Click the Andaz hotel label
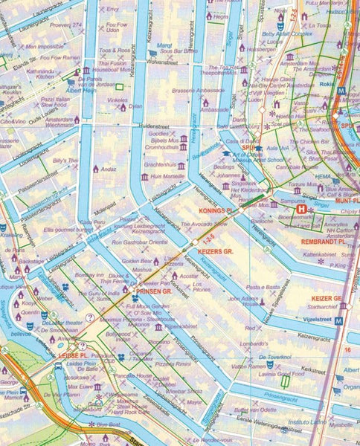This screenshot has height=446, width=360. (109, 168)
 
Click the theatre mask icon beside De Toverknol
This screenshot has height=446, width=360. (269, 365)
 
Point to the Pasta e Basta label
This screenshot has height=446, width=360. (263, 286)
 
